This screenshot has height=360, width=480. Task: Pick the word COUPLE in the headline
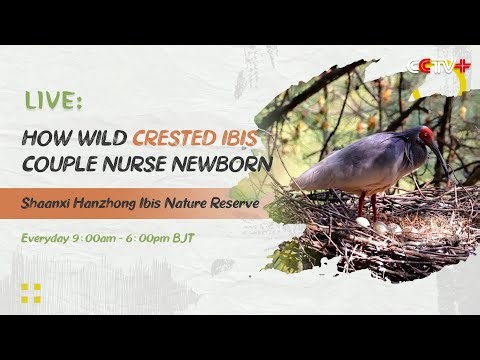pos(63,164)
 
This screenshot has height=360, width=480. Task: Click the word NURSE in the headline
pos(139,164)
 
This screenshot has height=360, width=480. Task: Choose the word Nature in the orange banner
pos(191,203)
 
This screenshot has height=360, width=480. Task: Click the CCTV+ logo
pos(437,67)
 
